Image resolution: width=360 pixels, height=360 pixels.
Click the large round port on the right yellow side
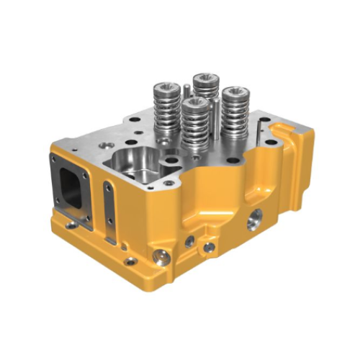(253, 221)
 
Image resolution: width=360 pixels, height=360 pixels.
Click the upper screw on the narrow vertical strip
(108, 188)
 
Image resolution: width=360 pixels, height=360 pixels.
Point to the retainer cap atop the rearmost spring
(206, 78)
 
